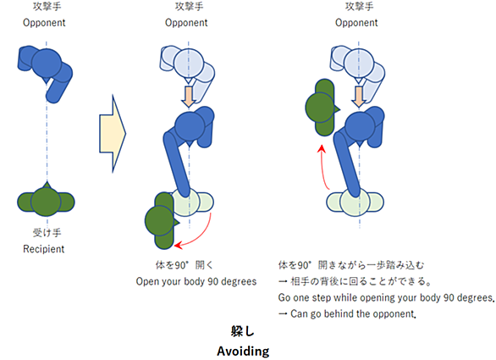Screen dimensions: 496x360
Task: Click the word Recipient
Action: point(44,249)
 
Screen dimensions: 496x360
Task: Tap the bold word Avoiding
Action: point(243,352)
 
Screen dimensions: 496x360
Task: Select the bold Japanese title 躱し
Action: point(242,331)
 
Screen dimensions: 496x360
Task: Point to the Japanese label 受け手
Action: point(47,233)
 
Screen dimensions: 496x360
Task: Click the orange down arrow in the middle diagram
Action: point(189,97)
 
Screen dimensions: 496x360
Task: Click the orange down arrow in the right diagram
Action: point(359,97)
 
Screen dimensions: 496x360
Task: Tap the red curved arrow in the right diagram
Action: point(322,168)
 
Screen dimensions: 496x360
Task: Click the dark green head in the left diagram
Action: point(46,202)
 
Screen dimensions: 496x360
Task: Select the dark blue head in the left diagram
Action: point(47,64)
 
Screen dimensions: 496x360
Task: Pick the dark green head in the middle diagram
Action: point(160,221)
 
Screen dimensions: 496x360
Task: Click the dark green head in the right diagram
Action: point(320,108)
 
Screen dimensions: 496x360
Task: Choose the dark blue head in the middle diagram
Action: point(190,127)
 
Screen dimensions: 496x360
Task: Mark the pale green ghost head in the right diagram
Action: point(355,202)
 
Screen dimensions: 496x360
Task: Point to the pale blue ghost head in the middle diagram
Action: point(189,63)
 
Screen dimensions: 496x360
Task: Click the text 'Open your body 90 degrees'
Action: point(196,281)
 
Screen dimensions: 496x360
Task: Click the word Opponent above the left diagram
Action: point(44,23)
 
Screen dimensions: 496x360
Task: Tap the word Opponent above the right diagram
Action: point(356,23)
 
